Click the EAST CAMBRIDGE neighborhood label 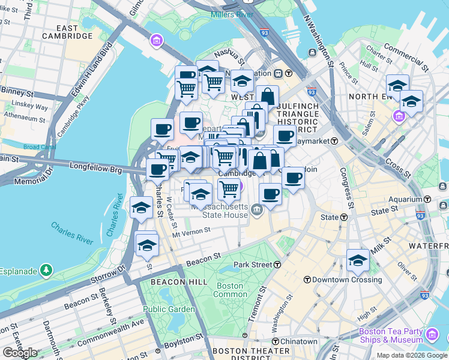pyautogui.click(x=67, y=32)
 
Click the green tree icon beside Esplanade pyautogui.click(x=46, y=271)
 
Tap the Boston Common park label pyautogui.click(x=230, y=290)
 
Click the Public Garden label pyautogui.click(x=169, y=309)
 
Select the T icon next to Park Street pyautogui.click(x=277, y=265)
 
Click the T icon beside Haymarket pyautogui.click(x=334, y=140)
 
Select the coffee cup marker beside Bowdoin pyautogui.click(x=293, y=178)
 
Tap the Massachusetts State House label pyautogui.click(x=220, y=210)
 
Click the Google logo pyautogui.click(x=20, y=353)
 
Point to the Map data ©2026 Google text pyautogui.click(x=412, y=355)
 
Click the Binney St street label pyautogui.click(x=16, y=92)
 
